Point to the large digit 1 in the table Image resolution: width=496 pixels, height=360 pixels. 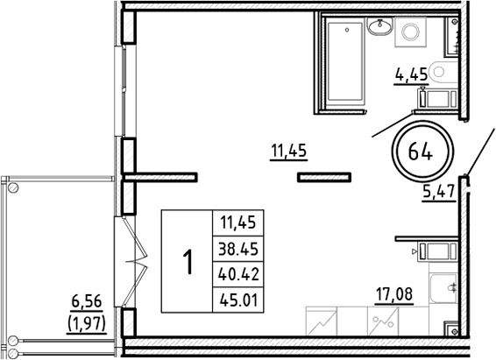[x=187, y=262]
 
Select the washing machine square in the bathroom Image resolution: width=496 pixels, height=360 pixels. [x=409, y=32]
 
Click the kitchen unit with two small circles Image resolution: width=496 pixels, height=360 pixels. [x=382, y=321]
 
